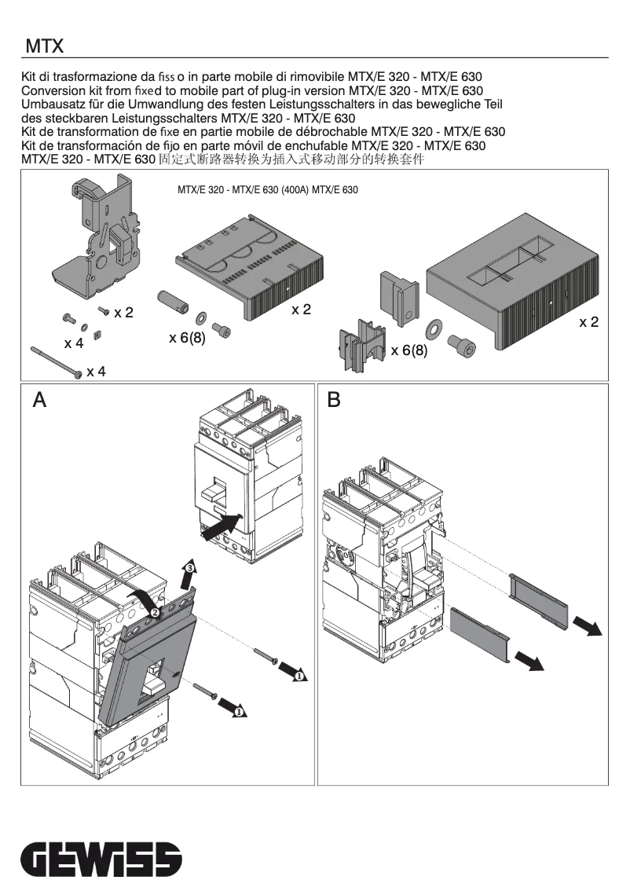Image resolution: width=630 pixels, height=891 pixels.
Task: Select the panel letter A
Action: pos(39,401)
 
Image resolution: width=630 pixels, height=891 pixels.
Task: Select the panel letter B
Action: pos(334,401)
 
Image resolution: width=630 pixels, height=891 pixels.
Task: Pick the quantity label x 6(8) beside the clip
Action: pos(409,350)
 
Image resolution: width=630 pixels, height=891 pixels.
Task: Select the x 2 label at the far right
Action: pos(589,322)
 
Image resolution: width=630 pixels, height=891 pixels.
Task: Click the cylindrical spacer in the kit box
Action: pos(172,302)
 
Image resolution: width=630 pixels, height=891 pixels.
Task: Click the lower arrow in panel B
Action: pos(529,662)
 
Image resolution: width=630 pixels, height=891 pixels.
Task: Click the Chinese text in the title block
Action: pos(291,159)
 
